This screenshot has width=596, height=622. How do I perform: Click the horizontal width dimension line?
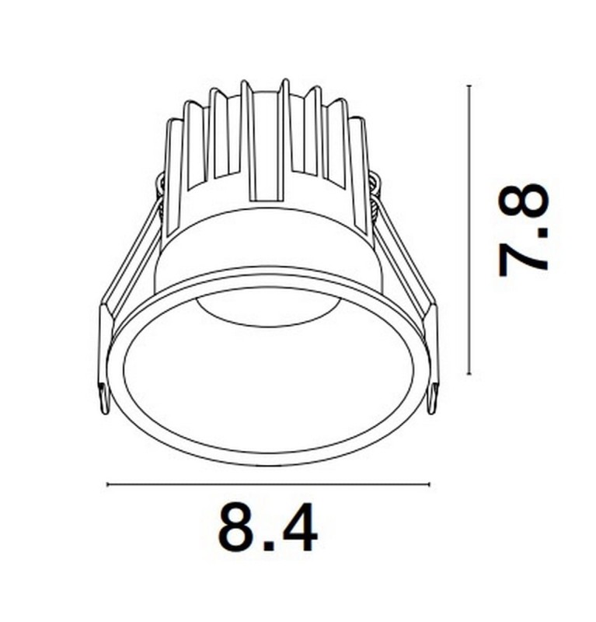[267, 484]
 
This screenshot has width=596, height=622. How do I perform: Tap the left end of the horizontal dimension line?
[107, 484]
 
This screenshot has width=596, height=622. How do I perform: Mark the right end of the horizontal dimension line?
[428, 484]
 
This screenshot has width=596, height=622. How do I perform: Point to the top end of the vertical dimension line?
[469, 86]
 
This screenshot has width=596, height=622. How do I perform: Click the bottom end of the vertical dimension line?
[469, 374]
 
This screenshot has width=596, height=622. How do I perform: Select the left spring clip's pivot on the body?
[161, 187]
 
